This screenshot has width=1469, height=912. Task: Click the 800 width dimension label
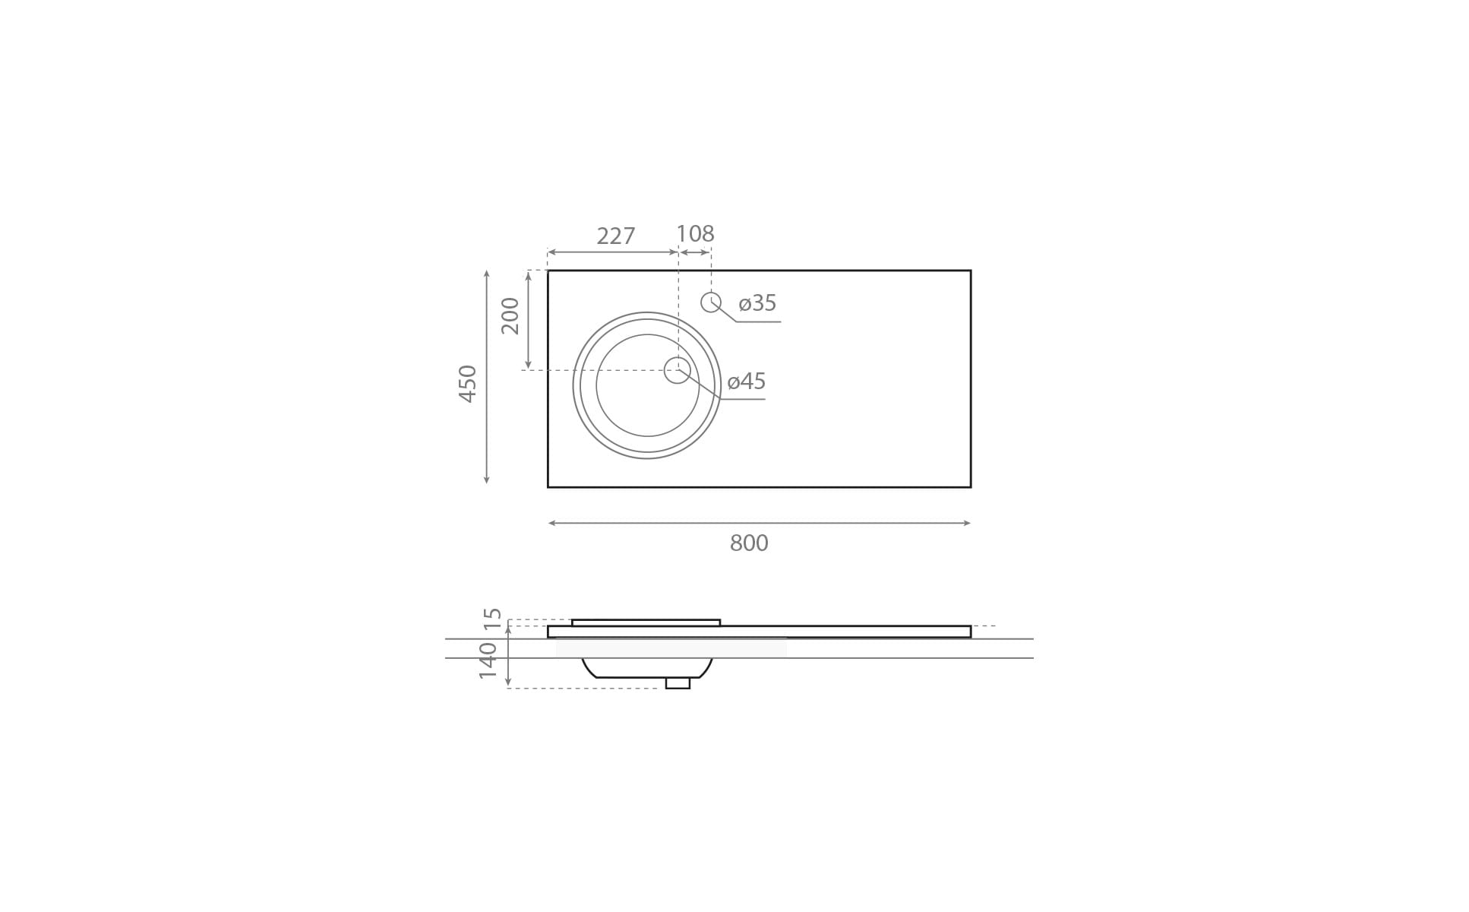tap(749, 543)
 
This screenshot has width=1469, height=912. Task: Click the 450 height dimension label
tap(468, 384)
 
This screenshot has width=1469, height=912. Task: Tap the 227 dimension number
tap(615, 236)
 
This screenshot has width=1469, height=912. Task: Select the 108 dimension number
tap(695, 233)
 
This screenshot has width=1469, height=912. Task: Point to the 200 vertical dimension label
tap(510, 316)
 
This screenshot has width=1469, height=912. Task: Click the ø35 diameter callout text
tap(757, 303)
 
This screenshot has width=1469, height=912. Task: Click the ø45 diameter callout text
tap(747, 382)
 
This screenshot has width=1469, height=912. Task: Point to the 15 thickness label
tap(494, 618)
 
